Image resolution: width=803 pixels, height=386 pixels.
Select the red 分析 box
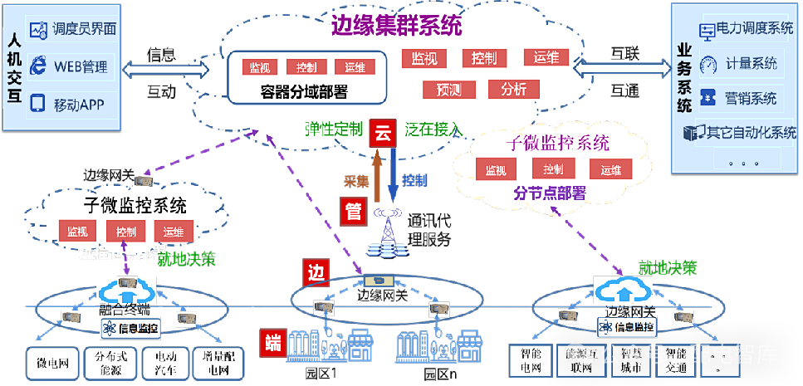click(x=514, y=89)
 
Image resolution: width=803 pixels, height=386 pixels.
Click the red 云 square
click(x=383, y=132)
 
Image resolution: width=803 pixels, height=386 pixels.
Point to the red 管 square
click(x=353, y=211)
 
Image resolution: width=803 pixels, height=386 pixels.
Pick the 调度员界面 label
click(x=84, y=29)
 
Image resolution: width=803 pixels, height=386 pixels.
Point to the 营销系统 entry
click(x=751, y=98)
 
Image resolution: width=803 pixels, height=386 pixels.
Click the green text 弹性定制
click(x=334, y=129)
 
